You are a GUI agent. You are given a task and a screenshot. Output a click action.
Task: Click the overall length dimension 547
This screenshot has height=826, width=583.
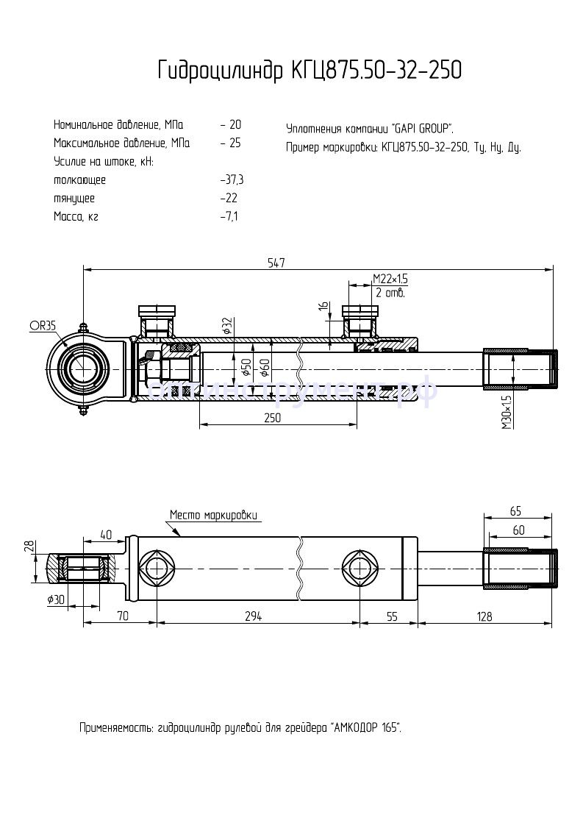276,263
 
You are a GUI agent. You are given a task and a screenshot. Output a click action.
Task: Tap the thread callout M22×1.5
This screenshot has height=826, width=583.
390,279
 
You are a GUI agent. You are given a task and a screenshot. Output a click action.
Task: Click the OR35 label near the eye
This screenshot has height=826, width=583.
43,325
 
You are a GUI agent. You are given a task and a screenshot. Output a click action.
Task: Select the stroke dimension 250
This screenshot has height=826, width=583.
273,417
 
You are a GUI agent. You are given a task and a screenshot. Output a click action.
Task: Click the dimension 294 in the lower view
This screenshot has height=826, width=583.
253,616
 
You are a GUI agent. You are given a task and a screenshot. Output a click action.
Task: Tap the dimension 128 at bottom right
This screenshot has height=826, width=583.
484,616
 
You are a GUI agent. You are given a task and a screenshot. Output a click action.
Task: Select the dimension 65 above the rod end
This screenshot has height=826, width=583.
515,510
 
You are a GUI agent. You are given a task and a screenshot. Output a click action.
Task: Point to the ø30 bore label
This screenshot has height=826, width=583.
56,600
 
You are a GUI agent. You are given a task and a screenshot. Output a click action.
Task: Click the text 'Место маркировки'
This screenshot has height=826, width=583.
214,514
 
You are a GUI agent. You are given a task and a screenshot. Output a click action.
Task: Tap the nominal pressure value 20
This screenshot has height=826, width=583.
235,125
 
